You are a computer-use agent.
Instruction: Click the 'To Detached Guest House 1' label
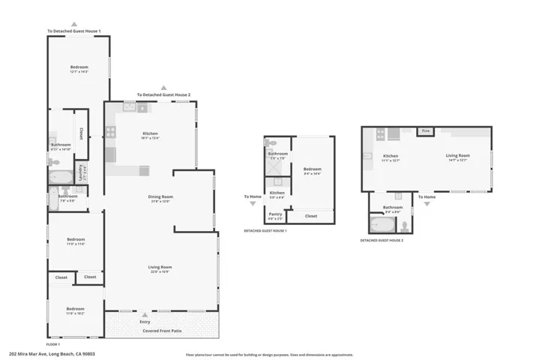click(x=74, y=31)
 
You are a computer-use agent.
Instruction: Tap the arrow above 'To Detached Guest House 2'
click(x=164, y=88)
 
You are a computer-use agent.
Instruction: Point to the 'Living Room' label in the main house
click(x=160, y=267)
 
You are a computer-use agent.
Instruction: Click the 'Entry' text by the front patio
click(x=145, y=322)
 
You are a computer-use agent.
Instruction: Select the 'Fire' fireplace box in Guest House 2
click(x=426, y=131)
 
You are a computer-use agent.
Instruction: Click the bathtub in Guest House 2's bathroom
click(x=376, y=223)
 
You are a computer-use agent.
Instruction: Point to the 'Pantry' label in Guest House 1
click(x=276, y=214)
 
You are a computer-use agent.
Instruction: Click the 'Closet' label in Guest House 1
click(x=311, y=216)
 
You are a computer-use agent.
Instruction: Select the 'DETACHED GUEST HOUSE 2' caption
click(x=382, y=240)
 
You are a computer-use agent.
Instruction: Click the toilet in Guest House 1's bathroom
click(x=272, y=142)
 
